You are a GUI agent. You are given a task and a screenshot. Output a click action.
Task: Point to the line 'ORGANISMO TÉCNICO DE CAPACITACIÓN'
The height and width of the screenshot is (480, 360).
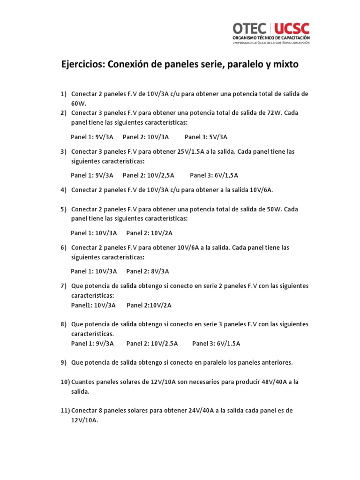tap(271, 37)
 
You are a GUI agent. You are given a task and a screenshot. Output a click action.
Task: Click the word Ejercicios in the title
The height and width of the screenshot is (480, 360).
tap(83, 65)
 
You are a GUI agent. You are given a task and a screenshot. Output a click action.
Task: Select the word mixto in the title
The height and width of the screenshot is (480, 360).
tap(283, 65)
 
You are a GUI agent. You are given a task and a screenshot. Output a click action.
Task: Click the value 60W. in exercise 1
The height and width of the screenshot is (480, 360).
tap(79, 103)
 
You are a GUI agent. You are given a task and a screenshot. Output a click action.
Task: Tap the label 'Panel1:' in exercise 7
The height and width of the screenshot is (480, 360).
tap(82, 305)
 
